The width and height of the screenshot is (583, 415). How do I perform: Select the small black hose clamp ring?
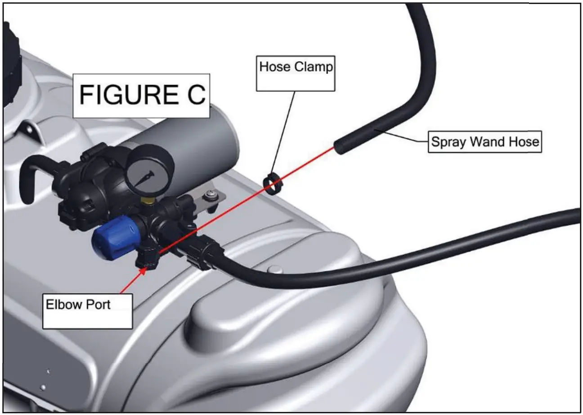[x=272, y=184]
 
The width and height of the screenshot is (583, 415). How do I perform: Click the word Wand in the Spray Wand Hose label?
[x=484, y=142]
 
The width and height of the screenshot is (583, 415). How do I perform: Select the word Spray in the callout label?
[x=448, y=142]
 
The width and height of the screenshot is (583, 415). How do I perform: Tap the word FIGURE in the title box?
[x=125, y=96]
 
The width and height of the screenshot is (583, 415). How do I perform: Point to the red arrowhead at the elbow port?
[x=143, y=271]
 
